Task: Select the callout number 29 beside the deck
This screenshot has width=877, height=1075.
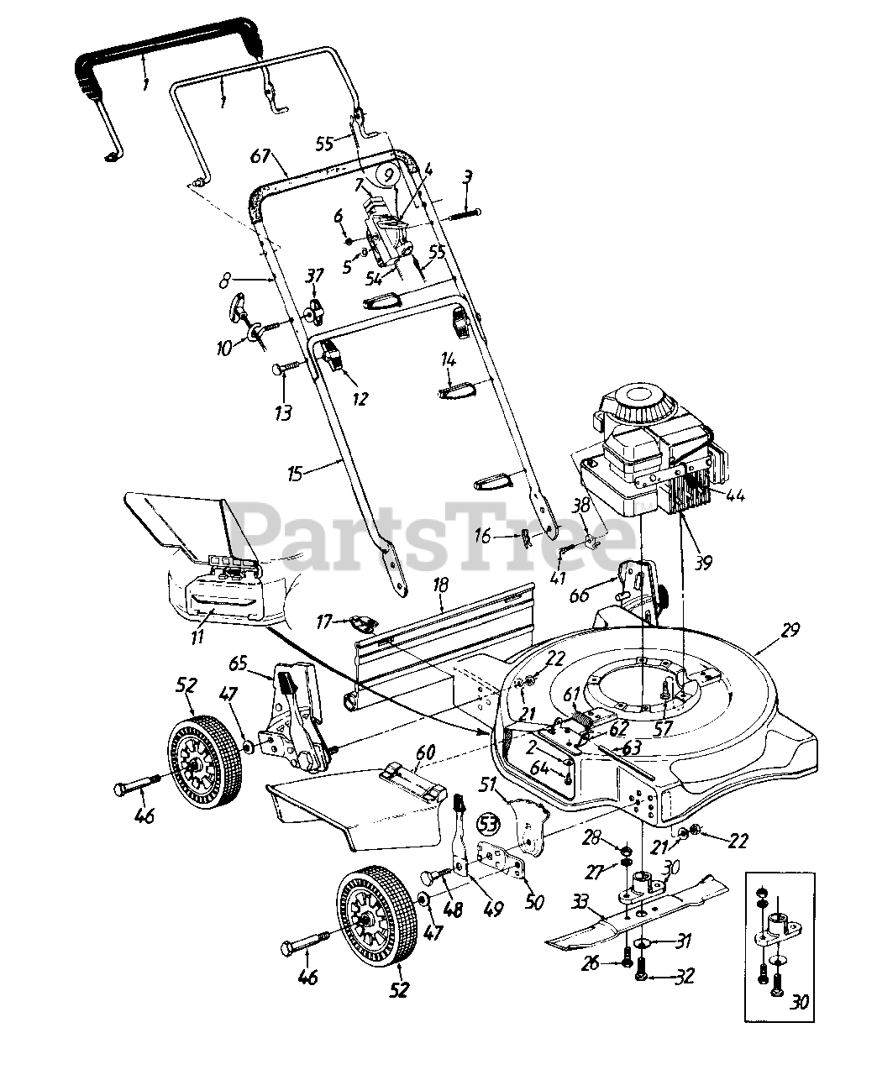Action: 790,629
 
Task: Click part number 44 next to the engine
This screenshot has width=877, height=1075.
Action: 735,496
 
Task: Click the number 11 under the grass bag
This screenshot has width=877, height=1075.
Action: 197,637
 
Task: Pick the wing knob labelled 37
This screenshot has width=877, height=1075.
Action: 315,312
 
